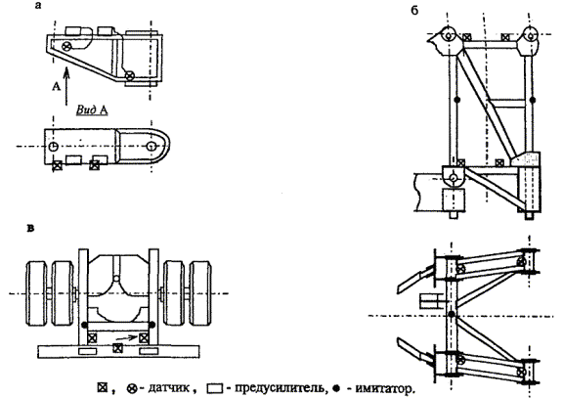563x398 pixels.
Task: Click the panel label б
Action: (x=414, y=11)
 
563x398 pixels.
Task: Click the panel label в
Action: (x=31, y=228)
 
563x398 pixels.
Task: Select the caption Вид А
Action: (x=92, y=110)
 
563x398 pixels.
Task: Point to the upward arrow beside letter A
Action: (x=66, y=87)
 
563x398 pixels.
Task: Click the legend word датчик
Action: (x=169, y=388)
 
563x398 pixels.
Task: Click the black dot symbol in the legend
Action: (x=336, y=388)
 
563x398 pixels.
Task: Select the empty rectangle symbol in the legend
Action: (x=215, y=388)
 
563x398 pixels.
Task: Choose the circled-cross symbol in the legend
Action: (x=132, y=388)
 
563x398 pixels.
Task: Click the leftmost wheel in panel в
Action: (x=36, y=293)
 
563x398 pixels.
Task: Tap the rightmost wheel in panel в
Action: (x=200, y=293)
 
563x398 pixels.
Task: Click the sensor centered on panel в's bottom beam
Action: (x=117, y=348)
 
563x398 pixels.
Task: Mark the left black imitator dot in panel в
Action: (x=84, y=325)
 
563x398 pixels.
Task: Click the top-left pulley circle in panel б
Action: (x=448, y=35)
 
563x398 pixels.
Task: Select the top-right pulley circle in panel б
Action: (x=531, y=35)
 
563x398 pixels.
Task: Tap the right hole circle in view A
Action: (x=152, y=147)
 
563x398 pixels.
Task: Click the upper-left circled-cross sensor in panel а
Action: (x=66, y=46)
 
